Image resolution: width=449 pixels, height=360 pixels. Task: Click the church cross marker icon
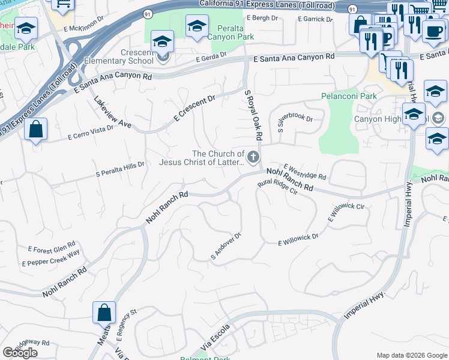(253, 158)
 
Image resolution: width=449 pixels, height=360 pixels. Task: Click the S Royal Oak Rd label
(253, 115)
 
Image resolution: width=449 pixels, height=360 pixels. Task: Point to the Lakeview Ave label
(112, 113)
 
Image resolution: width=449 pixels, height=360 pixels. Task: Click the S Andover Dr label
(226, 246)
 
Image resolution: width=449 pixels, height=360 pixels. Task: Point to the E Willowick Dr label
(298, 240)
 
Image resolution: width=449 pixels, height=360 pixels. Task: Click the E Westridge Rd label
(305, 173)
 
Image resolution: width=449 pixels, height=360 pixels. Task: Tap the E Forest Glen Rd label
(51, 249)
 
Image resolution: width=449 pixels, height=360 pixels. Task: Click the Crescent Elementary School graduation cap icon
(162, 41)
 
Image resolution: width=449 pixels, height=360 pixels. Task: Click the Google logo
(20, 353)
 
